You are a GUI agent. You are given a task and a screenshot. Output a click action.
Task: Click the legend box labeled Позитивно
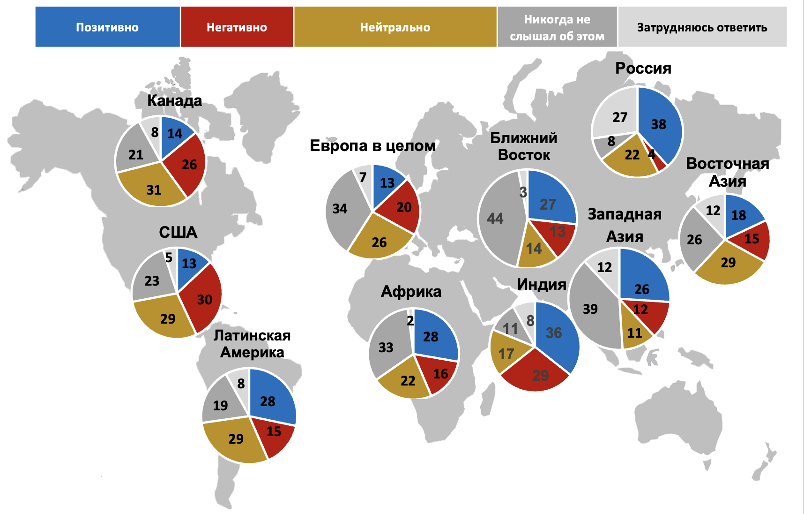pos(107,27)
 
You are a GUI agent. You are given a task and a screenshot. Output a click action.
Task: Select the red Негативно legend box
pos(237,27)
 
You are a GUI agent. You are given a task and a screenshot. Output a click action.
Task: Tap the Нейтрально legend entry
pos(395,27)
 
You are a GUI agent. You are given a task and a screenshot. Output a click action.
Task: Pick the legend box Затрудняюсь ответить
pos(702,27)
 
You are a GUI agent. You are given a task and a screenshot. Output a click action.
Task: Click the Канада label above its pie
pos(174,100)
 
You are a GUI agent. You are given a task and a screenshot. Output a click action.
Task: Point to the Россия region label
pos(643,68)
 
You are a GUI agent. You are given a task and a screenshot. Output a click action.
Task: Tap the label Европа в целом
pos(372,146)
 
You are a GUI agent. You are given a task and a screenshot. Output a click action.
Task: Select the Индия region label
pos(542,284)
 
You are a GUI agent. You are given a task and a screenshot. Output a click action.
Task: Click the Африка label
pos(411,292)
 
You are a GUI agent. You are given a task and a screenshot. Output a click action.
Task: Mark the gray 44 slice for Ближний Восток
pos(497,218)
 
